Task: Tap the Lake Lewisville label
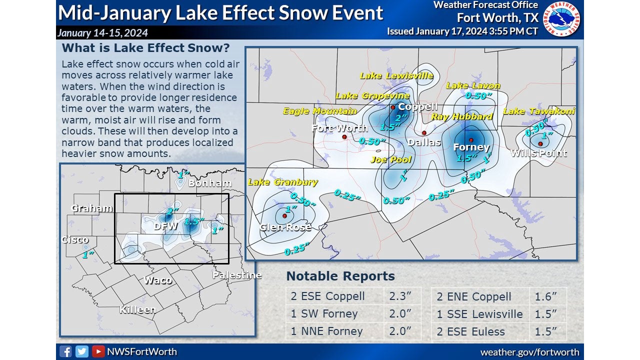[396, 76]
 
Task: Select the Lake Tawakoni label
[539, 111]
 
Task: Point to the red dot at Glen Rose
[284, 216]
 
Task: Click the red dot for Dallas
[424, 133]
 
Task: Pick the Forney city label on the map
[471, 147]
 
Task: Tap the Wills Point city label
[538, 153]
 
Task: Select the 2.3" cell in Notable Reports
[401, 296]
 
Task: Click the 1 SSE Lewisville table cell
[480, 314]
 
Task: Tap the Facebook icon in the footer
[65, 351]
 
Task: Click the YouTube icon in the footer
[98, 351]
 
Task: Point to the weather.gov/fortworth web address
[529, 352]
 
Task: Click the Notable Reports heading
[340, 276]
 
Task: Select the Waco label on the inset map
[158, 280]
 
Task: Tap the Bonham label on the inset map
[210, 183]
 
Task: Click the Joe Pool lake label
[391, 160]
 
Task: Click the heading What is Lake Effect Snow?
[145, 48]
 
